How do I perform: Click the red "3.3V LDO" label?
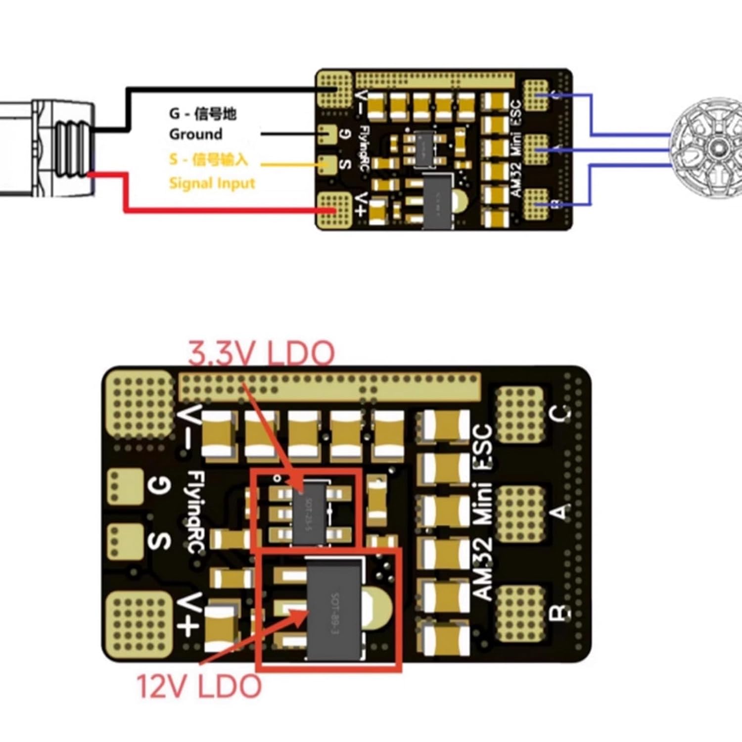tap(261, 352)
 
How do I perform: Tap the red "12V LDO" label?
tap(199, 687)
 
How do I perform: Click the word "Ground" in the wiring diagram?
tap(195, 134)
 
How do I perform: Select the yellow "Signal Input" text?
tap(212, 183)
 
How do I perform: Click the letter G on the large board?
tap(160, 486)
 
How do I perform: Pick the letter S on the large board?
tap(160, 541)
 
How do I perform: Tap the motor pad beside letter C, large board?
tap(519, 414)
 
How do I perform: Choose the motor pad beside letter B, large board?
tap(519, 612)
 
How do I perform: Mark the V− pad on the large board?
tap(140, 406)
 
